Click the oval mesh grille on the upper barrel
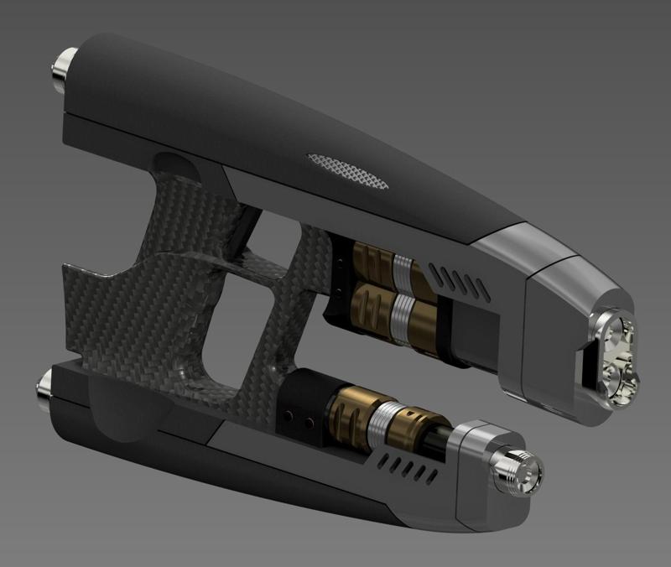coord(349,168)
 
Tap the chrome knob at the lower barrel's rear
coord(41,389)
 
